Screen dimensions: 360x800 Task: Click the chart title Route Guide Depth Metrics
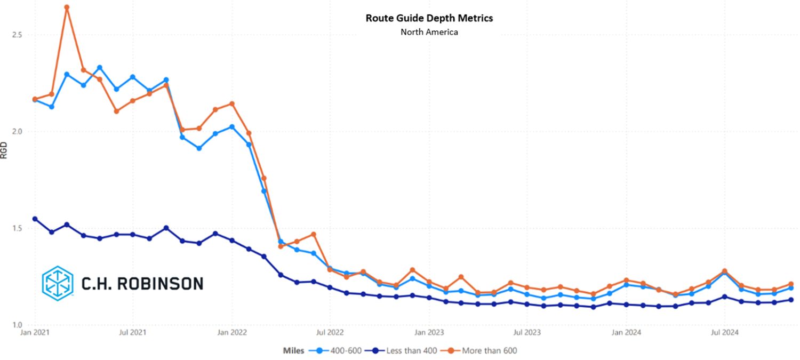coord(429,18)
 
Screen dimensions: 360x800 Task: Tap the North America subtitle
coord(429,32)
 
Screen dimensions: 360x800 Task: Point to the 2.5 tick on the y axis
coord(17,35)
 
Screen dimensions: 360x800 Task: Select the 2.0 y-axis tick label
coord(17,132)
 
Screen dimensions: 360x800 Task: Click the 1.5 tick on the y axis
coord(17,228)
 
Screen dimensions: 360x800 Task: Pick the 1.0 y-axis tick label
coord(17,325)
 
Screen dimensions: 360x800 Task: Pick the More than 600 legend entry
coord(485,350)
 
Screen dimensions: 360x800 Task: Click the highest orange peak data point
coord(67,7)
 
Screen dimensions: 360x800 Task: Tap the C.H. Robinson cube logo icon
coord(57,282)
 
